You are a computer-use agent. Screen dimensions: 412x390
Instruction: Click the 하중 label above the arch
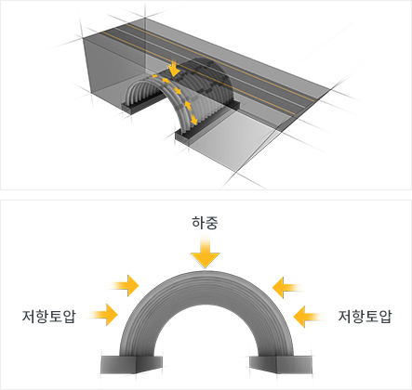(205, 223)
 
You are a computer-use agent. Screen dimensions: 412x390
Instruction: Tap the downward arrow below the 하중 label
(205, 251)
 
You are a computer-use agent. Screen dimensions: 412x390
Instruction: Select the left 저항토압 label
(49, 316)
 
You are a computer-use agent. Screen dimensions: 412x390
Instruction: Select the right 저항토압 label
(365, 316)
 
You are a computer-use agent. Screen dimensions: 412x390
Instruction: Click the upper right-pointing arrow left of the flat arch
(124, 285)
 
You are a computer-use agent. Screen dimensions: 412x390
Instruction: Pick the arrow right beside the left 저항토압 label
(103, 315)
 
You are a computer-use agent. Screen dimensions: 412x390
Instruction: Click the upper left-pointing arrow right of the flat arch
(287, 288)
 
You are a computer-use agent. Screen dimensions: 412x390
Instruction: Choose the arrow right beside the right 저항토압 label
(309, 317)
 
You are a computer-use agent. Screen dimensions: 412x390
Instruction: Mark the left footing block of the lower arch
(131, 364)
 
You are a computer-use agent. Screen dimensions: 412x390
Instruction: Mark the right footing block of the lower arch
(281, 364)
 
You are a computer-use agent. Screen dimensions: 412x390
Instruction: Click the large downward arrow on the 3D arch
(175, 69)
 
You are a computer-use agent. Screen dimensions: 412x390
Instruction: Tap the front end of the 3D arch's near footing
(183, 137)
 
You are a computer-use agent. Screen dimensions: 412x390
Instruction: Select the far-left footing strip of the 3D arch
(142, 103)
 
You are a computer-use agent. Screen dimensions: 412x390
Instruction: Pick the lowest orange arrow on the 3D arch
(193, 120)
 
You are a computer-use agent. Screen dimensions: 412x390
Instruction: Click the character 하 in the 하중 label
(198, 223)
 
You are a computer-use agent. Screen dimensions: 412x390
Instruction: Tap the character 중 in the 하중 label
(212, 223)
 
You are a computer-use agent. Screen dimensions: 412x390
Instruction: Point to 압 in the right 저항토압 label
(386, 316)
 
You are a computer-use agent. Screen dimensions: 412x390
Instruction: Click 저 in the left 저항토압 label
(29, 316)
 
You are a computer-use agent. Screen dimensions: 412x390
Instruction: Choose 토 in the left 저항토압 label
(56, 316)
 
